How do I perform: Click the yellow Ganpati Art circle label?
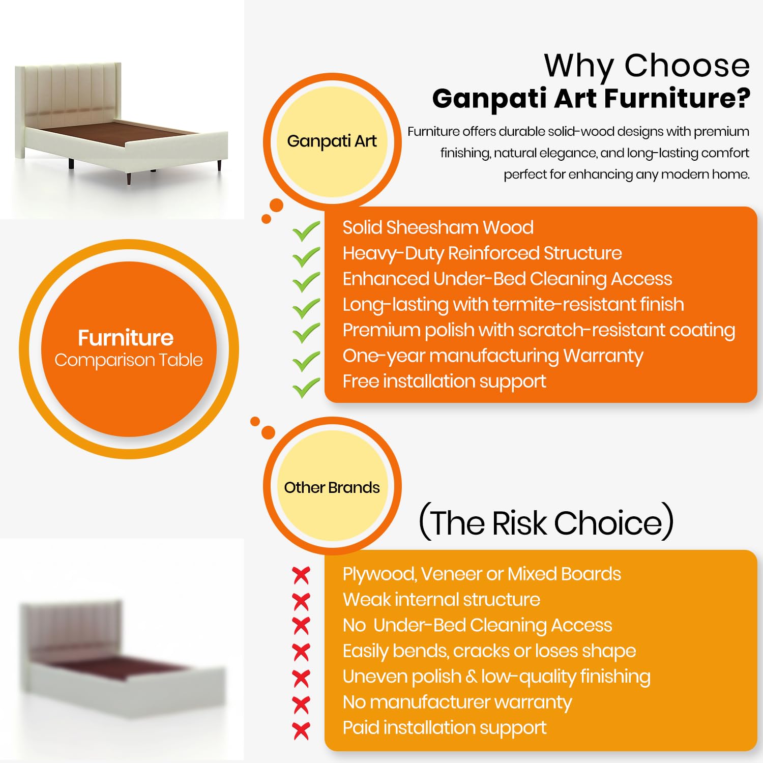click(332, 142)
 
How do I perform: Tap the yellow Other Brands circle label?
click(332, 487)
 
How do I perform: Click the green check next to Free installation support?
click(306, 388)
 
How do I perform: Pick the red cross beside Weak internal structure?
click(301, 601)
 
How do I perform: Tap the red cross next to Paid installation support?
click(301, 730)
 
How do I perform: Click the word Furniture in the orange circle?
click(126, 338)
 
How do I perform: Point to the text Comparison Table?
click(129, 360)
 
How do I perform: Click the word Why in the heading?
click(579, 66)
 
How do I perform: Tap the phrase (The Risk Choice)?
click(546, 522)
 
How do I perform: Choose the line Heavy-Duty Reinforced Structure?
click(482, 253)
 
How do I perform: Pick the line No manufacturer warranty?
click(457, 702)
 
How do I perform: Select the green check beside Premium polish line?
click(306, 334)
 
